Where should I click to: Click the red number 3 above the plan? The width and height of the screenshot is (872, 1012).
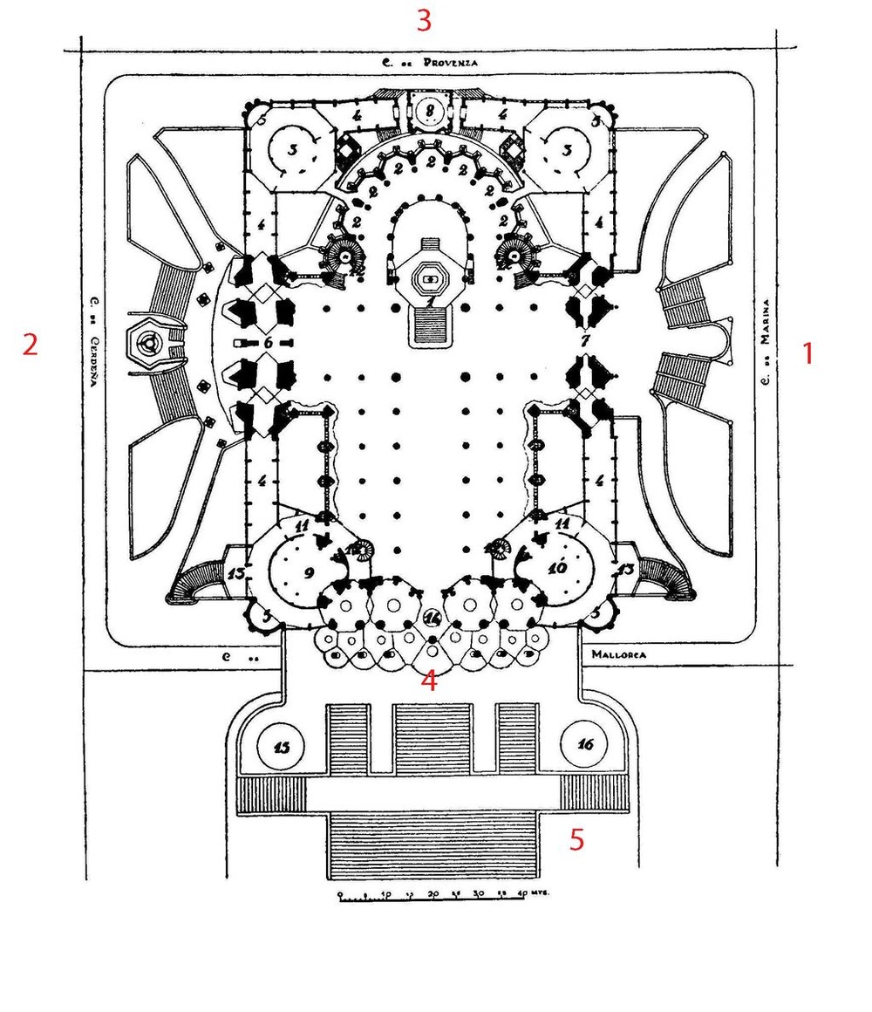click(x=423, y=20)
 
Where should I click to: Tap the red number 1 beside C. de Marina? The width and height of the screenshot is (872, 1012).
click(x=807, y=353)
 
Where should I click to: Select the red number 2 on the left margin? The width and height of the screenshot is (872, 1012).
click(x=31, y=345)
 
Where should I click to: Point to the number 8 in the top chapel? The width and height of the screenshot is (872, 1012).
click(x=430, y=110)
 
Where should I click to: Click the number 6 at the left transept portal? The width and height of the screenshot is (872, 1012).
click(x=268, y=343)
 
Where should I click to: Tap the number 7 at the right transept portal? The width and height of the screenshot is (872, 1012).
click(x=586, y=337)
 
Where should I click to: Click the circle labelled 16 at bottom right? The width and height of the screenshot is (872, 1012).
click(x=584, y=744)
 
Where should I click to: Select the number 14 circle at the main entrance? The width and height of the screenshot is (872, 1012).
click(x=433, y=618)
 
